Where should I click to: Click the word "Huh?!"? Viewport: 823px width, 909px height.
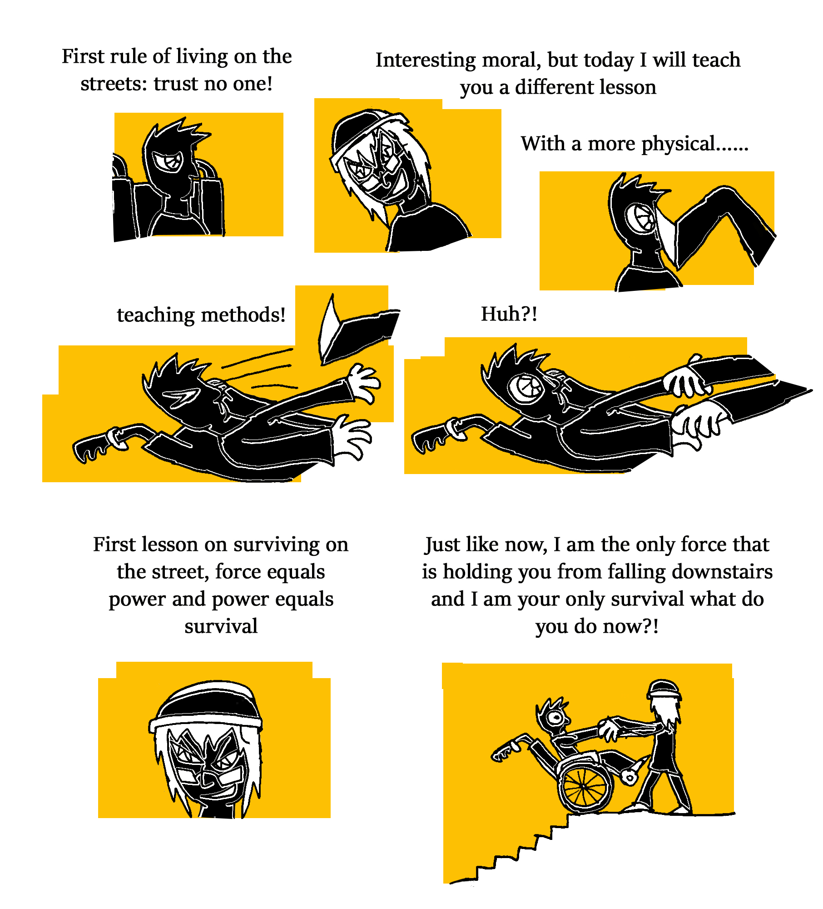[509, 314]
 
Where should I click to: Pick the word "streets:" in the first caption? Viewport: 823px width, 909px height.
[114, 84]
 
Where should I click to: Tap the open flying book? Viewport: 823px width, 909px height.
[357, 329]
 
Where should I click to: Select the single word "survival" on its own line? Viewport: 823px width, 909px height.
[221, 626]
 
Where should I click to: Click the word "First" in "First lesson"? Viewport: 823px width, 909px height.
[114, 544]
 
